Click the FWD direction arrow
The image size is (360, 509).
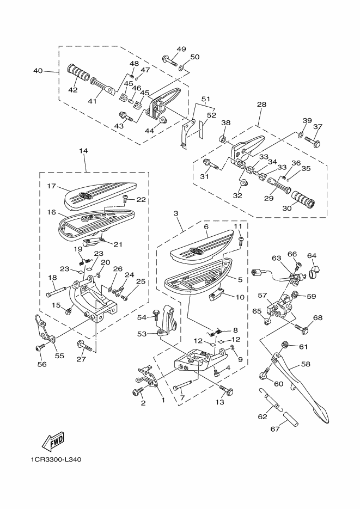[53, 441]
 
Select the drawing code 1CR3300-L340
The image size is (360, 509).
[56, 459]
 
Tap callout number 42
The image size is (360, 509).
[73, 90]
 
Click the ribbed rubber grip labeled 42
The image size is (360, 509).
[78, 73]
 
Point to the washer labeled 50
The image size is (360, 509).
[181, 67]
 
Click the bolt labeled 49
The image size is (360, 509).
[169, 60]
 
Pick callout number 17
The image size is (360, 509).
[51, 186]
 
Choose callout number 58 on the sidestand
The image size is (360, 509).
[306, 364]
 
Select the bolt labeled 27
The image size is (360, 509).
[84, 347]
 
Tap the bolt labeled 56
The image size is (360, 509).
[40, 348]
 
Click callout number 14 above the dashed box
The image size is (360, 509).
[83, 151]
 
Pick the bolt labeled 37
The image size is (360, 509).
[313, 141]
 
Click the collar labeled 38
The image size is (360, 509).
[223, 139]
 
